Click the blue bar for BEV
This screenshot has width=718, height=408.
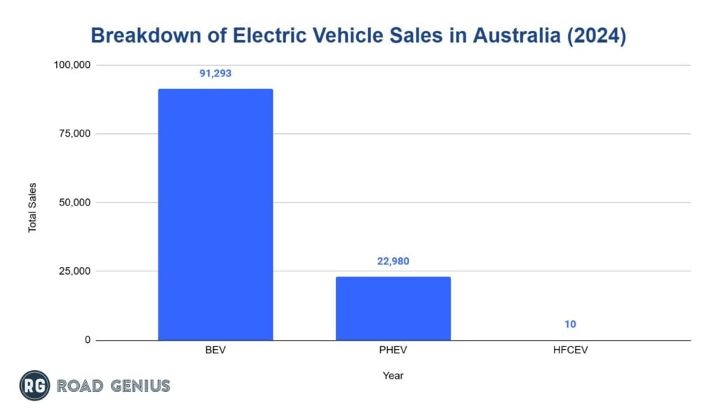[x=215, y=215]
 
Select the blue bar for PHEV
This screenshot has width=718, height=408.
[x=393, y=308]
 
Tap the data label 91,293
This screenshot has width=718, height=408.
[x=215, y=73]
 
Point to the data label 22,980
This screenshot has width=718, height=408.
[x=393, y=261]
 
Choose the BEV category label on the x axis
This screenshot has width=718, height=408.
[x=215, y=351]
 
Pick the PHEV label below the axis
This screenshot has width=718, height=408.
[x=393, y=351]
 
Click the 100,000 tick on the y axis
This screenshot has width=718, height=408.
[x=73, y=65]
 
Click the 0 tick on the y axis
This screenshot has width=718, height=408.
[x=88, y=340]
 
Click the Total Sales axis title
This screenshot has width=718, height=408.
[x=32, y=208]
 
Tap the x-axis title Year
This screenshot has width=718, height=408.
[x=393, y=376]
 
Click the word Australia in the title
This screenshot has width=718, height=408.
[x=512, y=36]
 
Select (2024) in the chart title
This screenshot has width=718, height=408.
[x=598, y=36]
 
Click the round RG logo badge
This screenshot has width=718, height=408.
[x=34, y=386]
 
